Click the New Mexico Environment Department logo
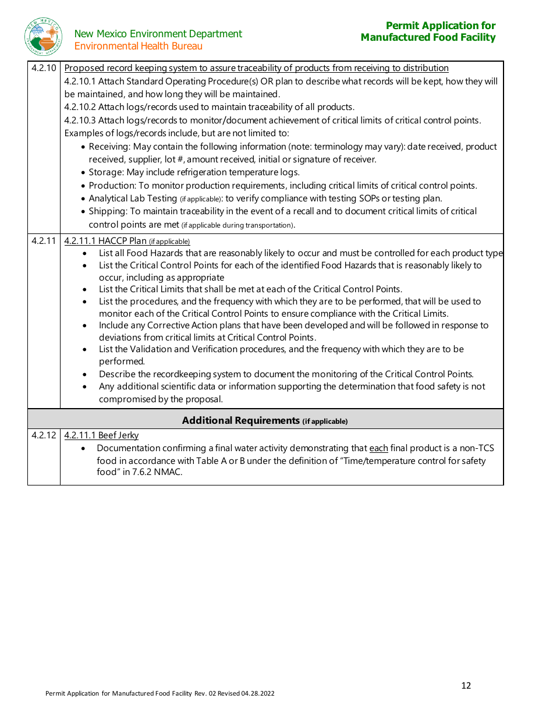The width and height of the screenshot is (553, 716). click(x=43, y=36)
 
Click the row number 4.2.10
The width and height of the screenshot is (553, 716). click(x=44, y=68)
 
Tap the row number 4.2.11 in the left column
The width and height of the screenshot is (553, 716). click(x=44, y=240)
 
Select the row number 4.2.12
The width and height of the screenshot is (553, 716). click(x=44, y=435)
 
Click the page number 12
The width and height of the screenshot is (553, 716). click(x=466, y=685)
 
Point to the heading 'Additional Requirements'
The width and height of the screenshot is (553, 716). click(x=241, y=420)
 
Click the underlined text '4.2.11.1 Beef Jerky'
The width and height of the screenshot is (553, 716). click(x=101, y=435)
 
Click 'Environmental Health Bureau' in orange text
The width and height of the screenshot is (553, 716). click(x=139, y=46)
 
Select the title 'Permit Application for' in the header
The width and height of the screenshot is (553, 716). click(x=440, y=26)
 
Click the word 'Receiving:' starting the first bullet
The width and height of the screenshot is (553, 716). click(x=108, y=147)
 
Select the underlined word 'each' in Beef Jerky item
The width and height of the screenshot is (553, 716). click(x=378, y=448)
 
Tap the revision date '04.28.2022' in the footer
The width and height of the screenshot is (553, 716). click(x=257, y=693)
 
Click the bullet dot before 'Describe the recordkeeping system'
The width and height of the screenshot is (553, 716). click(x=85, y=374)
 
